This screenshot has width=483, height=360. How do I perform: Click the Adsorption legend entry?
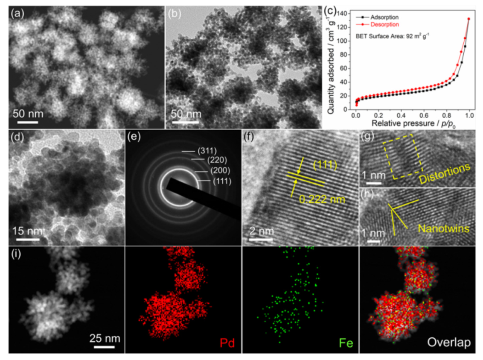pos(384,17)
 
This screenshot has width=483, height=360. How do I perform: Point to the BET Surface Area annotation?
pos(392,37)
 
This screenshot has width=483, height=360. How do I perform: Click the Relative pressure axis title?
pos(401,124)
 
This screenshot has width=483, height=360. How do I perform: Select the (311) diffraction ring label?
pos(207,151)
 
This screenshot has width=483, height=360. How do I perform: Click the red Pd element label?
pos(227,342)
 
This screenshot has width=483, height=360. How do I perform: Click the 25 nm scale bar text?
pos(105,338)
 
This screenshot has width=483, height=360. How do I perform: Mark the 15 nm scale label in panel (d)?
pos(26,231)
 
